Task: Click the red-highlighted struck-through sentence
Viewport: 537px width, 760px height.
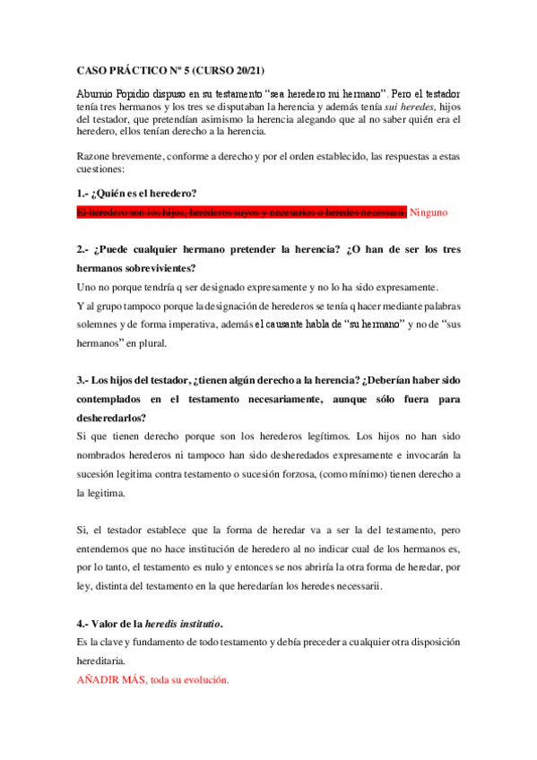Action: (x=241, y=212)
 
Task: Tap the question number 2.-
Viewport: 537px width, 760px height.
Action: (x=83, y=249)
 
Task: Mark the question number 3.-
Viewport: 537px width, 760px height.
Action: (x=83, y=379)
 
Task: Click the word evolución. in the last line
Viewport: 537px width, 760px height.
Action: (x=203, y=679)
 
